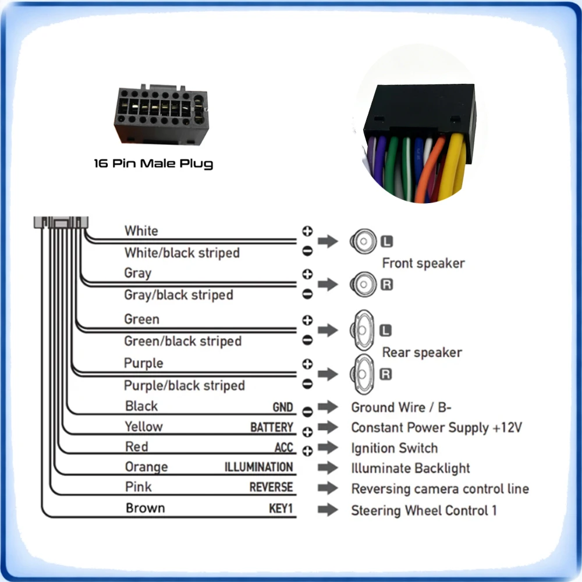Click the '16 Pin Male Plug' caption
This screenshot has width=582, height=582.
pyautogui.click(x=153, y=164)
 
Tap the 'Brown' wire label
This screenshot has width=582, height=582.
pyautogui.click(x=145, y=508)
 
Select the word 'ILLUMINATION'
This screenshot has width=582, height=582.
pyautogui.click(x=259, y=467)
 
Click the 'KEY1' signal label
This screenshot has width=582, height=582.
pyautogui.click(x=281, y=508)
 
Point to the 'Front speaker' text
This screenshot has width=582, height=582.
pyautogui.click(x=424, y=263)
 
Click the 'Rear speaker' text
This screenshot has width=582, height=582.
pyautogui.click(x=422, y=352)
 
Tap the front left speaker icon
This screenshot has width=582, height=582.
pyautogui.click(x=363, y=242)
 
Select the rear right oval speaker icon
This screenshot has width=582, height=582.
pyautogui.click(x=362, y=374)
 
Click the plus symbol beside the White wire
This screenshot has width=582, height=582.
pyautogui.click(x=307, y=231)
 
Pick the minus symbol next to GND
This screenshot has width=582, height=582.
pyautogui.click(x=307, y=411)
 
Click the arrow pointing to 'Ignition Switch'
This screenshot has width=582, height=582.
pyautogui.click(x=328, y=447)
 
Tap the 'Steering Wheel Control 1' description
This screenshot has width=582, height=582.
pyautogui.click(x=424, y=510)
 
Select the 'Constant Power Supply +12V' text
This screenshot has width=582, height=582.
pyautogui.click(x=436, y=428)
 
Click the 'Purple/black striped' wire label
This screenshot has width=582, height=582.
pyautogui.click(x=184, y=385)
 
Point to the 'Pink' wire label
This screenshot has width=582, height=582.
pyautogui.click(x=138, y=487)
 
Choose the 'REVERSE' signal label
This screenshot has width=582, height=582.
pyautogui.click(x=271, y=487)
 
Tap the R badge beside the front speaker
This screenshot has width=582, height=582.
pyautogui.click(x=387, y=285)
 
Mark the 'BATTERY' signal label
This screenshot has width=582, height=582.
pyautogui.click(x=272, y=427)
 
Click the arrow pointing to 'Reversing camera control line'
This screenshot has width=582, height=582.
pyautogui.click(x=328, y=488)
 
